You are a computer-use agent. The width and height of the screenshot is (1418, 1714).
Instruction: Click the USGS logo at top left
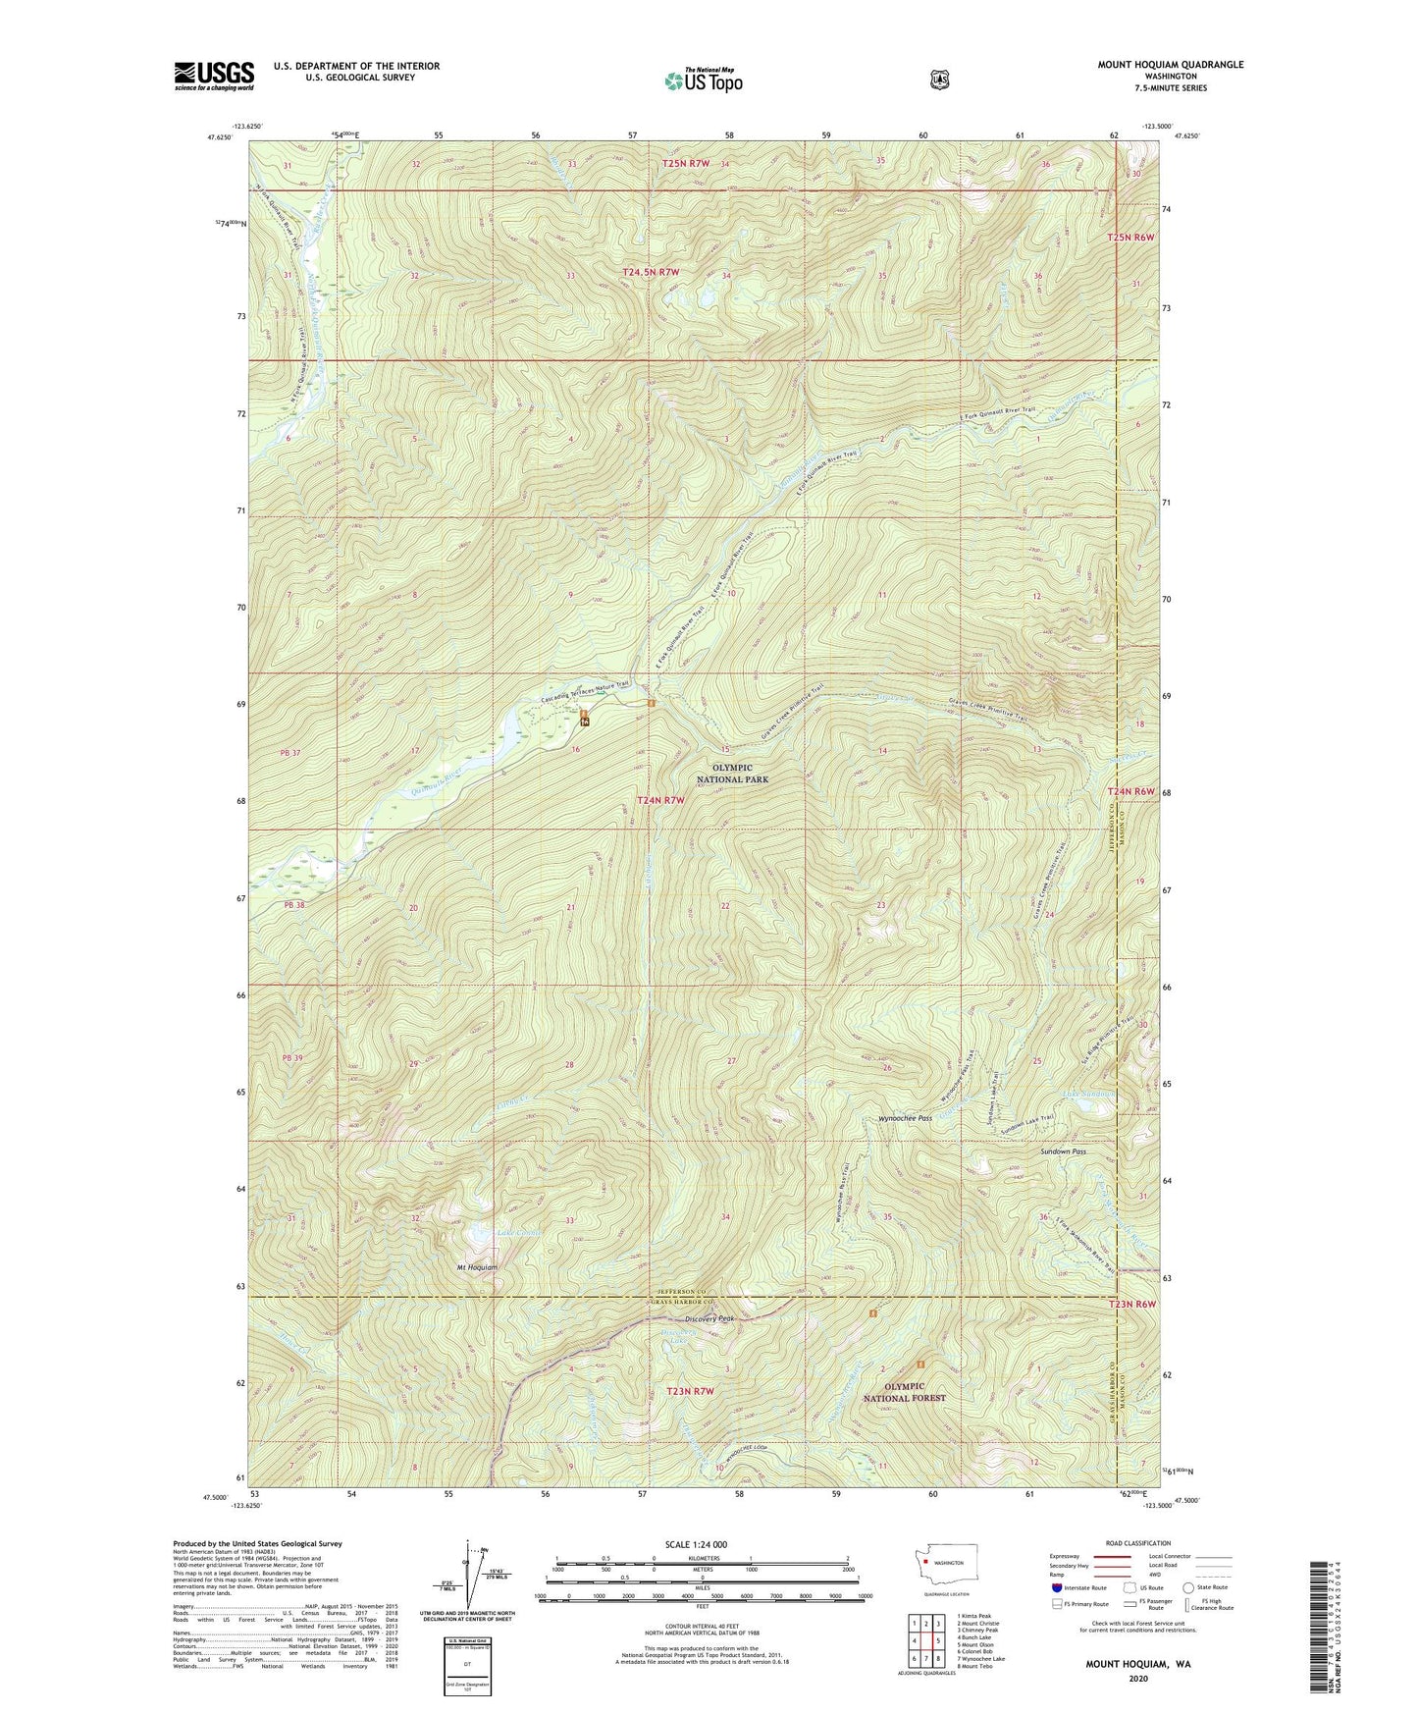[x=214, y=76]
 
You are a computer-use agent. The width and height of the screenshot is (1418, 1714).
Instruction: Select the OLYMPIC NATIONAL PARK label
[x=732, y=774]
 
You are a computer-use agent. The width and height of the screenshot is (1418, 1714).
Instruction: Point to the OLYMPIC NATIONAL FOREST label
[x=904, y=1392]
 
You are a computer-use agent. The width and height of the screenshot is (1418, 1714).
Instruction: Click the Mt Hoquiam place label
[x=477, y=1267]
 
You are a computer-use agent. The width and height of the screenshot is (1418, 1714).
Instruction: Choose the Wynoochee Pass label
[x=904, y=1118]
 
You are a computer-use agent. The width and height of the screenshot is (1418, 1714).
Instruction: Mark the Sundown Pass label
[x=1063, y=1152]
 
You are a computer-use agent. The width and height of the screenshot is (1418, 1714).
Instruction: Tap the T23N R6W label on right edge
[x=1132, y=1305]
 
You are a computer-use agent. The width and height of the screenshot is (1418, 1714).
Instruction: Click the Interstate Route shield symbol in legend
[x=1056, y=1587]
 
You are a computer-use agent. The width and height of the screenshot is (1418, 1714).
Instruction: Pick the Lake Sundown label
[x=1089, y=1094]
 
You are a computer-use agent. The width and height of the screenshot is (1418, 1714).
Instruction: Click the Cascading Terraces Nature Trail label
[x=583, y=693]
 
